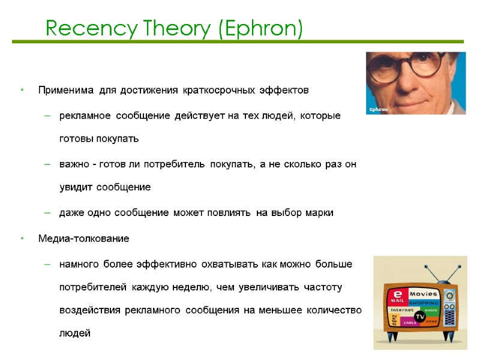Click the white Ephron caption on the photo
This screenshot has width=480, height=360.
379,109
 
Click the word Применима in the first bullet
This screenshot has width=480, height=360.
66,91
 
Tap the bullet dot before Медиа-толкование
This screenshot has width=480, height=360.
22,239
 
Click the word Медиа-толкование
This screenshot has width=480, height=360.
83,239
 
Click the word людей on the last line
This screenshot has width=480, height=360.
75,333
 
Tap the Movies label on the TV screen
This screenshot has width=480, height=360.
424,293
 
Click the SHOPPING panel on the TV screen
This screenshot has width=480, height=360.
424,302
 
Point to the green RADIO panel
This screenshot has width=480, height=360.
431,311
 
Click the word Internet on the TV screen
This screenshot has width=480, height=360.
403,310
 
